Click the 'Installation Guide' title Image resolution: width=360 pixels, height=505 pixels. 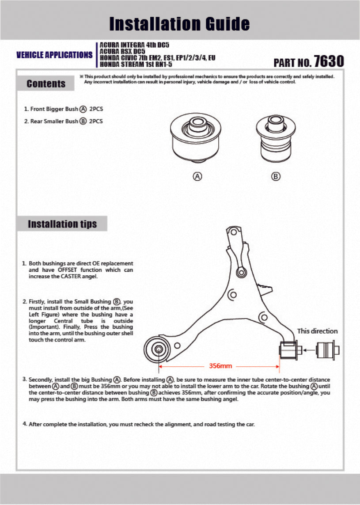point(179,23)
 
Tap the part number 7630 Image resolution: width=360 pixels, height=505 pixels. point(328,61)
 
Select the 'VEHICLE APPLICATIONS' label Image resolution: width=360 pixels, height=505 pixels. point(54,55)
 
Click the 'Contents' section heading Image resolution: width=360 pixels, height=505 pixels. point(46,84)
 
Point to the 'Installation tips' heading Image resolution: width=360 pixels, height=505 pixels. point(62,224)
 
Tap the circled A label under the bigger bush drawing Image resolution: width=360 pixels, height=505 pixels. point(197,176)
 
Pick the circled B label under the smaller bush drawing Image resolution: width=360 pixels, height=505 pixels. point(276,176)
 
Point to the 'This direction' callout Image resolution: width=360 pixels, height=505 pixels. point(317,331)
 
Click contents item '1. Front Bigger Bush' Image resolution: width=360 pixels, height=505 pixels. point(64,109)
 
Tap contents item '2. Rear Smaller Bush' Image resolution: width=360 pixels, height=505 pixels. point(64,121)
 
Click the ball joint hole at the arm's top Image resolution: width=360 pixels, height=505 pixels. point(241,272)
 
